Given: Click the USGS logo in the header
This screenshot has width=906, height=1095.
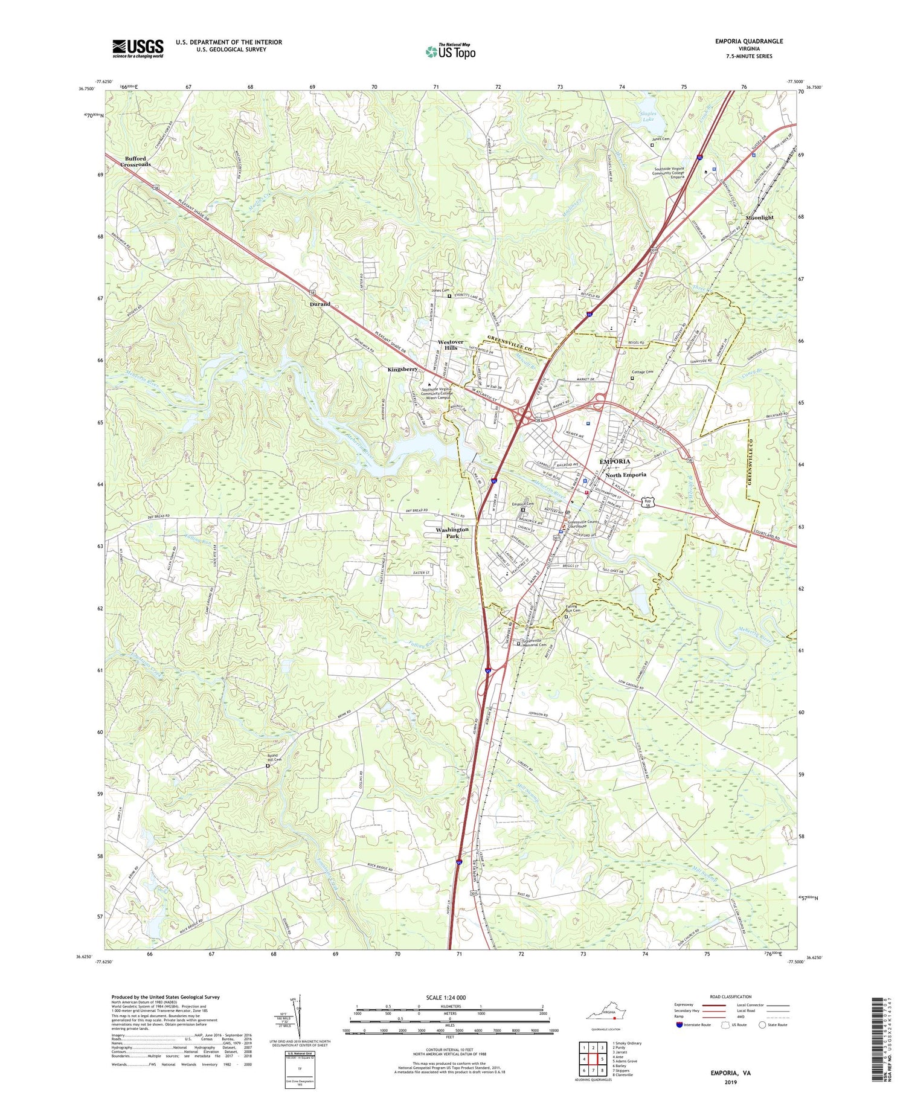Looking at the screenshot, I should (138, 48).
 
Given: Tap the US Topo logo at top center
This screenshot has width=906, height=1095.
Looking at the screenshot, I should (450, 52).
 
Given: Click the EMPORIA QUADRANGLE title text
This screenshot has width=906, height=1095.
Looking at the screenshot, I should (749, 41).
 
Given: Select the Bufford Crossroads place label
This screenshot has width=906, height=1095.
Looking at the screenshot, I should (135, 161).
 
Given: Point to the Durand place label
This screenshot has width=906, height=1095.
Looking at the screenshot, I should (320, 304).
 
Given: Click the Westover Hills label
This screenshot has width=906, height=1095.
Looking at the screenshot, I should (451, 345).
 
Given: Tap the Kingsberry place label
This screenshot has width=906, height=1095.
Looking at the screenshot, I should (403, 368).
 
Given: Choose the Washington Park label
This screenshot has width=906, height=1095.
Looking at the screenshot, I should (452, 532).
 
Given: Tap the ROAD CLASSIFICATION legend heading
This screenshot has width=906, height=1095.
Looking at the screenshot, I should (731, 997).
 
